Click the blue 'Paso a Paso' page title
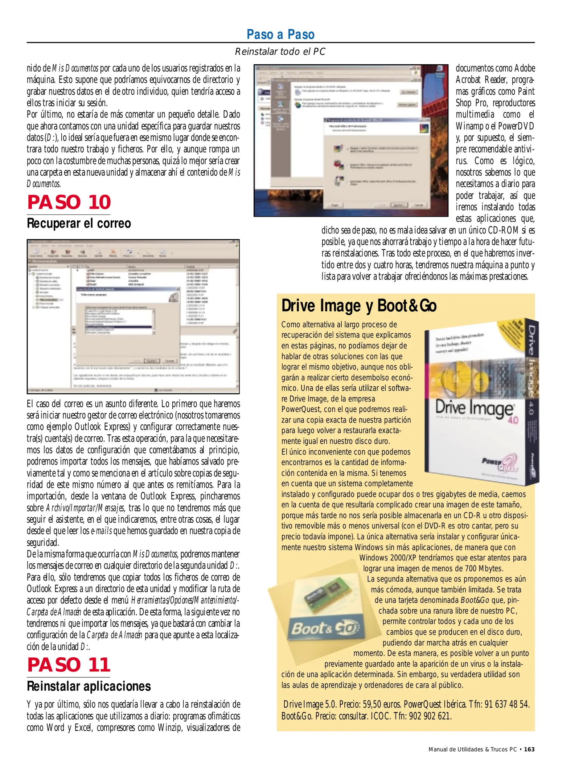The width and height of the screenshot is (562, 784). click(280, 34)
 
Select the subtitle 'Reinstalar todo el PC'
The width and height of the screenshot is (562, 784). click(280, 52)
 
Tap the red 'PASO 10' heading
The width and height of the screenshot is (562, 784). click(69, 203)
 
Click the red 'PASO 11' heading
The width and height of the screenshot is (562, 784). click(69, 665)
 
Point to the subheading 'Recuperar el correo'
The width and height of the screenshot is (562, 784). click(79, 223)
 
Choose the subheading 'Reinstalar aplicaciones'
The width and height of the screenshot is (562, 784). click(89, 686)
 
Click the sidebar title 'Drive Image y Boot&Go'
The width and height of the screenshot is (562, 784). click(359, 306)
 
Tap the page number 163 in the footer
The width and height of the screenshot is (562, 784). click(529, 750)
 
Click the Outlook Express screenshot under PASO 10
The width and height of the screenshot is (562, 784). click(133, 317)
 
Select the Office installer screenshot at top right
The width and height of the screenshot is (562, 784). click(351, 140)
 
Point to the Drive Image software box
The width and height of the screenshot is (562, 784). click(481, 401)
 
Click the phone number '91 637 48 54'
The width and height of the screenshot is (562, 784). click(507, 705)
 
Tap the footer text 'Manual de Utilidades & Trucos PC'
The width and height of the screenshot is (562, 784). click(472, 750)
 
